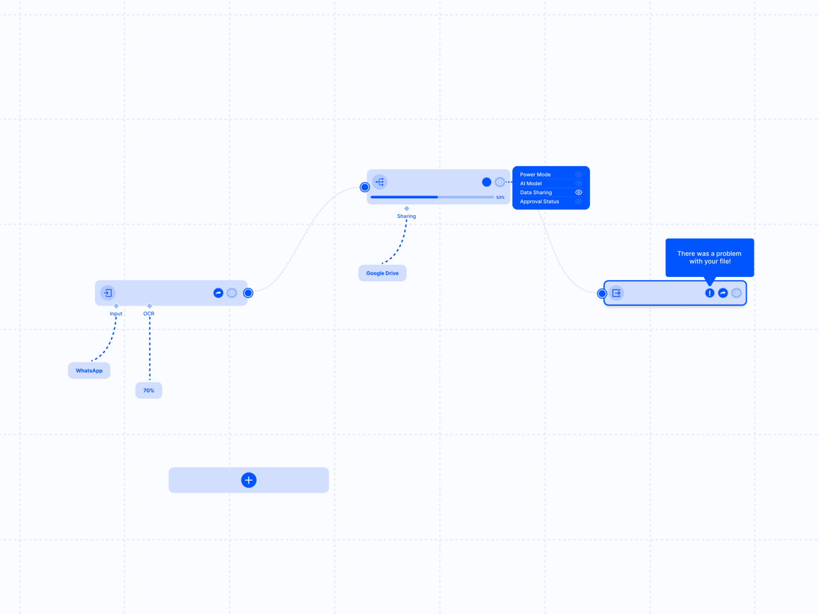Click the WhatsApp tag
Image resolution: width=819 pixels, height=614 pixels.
coord(89,371)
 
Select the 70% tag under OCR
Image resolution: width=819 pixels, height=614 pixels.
coord(149,390)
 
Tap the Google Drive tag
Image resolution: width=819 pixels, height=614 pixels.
coord(382,273)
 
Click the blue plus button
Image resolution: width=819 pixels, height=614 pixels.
coord(249,480)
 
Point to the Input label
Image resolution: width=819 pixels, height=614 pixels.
coord(116,314)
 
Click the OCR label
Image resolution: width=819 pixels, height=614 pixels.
coord(149,314)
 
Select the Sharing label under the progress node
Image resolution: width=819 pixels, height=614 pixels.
coord(406,216)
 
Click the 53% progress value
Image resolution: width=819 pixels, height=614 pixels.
coord(500,197)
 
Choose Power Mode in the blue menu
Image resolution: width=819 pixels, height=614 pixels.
coord(535,175)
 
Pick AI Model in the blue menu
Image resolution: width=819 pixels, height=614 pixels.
coord(531,184)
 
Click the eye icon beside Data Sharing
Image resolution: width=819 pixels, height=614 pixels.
coord(579,192)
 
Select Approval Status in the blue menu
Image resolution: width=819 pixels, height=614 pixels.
coord(540,201)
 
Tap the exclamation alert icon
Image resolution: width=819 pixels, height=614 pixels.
coord(710,293)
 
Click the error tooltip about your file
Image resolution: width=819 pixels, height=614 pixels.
coord(710,258)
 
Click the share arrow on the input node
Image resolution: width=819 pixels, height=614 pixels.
coord(218,293)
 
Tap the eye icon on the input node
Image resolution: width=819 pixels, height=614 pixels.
coord(232,293)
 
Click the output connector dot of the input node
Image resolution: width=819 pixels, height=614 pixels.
coord(248,293)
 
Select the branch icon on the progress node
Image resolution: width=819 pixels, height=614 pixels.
coord(379,182)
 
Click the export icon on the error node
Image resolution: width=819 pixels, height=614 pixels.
coord(617,293)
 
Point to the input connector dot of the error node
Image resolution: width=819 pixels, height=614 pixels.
coord(602,293)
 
